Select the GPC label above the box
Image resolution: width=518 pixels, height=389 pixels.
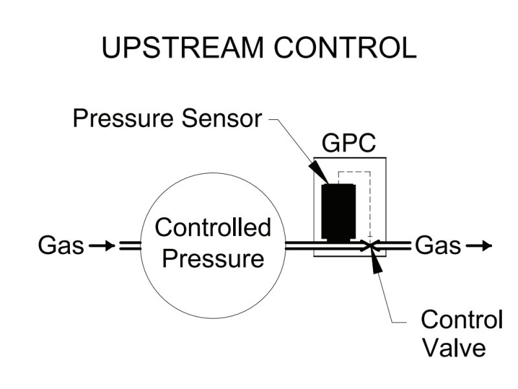(x=349, y=143)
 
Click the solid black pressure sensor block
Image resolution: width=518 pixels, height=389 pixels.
(x=338, y=211)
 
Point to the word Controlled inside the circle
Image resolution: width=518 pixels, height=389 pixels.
(x=213, y=228)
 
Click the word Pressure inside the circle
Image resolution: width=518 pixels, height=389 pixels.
(x=213, y=259)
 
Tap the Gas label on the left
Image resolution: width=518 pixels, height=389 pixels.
(x=61, y=246)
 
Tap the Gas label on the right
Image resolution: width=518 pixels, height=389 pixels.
(x=438, y=246)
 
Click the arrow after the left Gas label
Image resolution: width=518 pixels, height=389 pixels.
(x=102, y=246)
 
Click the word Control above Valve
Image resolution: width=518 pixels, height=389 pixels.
(x=462, y=320)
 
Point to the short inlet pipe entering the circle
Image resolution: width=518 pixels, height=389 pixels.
(x=129, y=246)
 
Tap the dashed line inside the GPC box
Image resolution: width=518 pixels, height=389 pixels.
(x=369, y=201)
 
